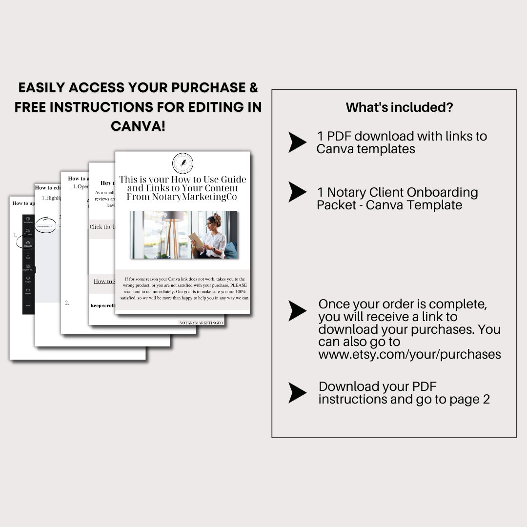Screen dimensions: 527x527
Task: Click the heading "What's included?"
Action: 399,107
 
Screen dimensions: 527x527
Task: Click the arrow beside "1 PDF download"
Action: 297,142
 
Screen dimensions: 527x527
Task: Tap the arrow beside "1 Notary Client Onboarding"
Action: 297,192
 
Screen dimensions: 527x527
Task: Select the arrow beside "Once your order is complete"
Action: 297,311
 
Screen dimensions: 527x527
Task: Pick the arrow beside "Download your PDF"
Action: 297,393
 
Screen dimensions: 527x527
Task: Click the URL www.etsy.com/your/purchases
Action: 409,354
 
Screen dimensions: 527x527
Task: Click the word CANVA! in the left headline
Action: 138,126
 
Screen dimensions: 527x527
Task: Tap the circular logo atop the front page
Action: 182,163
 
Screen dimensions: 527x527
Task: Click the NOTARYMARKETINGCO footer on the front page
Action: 201,323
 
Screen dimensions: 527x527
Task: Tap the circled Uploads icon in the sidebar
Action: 28,243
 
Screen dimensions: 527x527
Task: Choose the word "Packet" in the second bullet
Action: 338,205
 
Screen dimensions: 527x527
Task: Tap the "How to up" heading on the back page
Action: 23,203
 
